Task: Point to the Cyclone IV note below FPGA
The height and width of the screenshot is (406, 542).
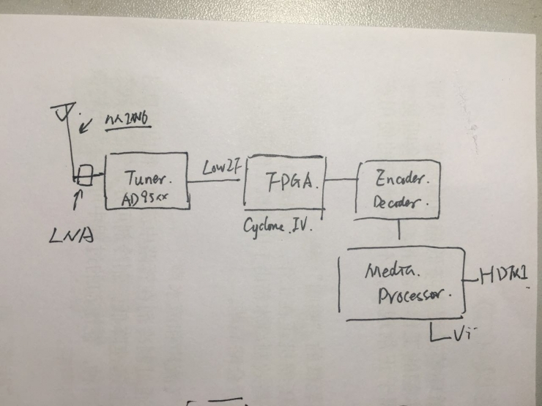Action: pyautogui.click(x=278, y=225)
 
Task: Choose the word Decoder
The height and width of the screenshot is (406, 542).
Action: pyautogui.click(x=400, y=200)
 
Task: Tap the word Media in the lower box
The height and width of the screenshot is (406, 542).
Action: pyautogui.click(x=390, y=272)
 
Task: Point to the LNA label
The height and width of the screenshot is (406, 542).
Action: pyautogui.click(x=75, y=236)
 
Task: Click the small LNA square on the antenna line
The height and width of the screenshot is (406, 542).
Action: pyautogui.click(x=86, y=176)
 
